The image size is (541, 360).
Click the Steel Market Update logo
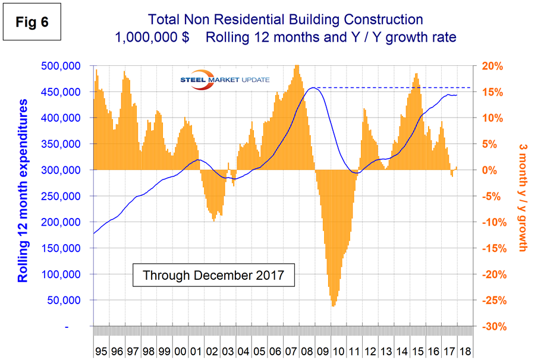225,80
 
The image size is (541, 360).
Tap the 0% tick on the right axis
492,170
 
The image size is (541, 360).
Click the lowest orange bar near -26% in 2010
332,305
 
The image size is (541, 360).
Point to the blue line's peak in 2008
312,88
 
